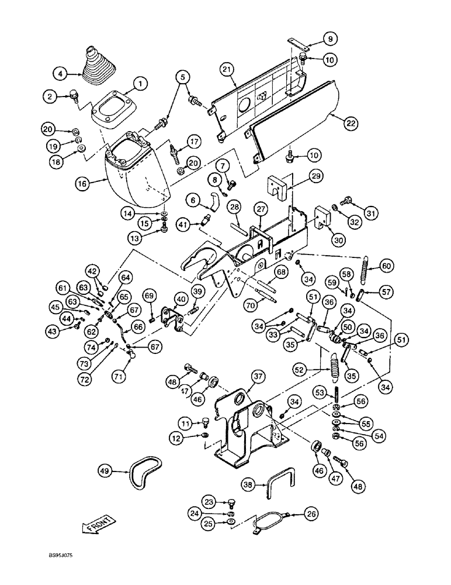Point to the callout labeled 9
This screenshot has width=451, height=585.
click(329, 39)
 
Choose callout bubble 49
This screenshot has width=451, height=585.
click(105, 470)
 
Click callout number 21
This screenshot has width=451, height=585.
click(227, 70)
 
